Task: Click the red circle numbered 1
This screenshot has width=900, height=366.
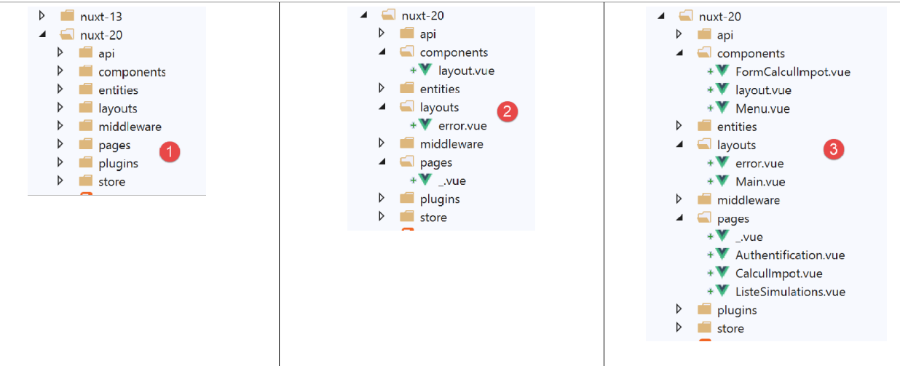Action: click(170, 153)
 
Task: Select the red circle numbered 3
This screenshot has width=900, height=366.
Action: click(834, 150)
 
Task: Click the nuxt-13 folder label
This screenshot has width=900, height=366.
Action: click(100, 16)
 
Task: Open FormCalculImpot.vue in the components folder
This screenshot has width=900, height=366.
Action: click(792, 71)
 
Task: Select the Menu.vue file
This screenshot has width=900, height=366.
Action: click(762, 108)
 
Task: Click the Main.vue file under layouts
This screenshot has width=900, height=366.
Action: click(760, 182)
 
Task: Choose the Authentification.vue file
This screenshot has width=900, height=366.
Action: click(790, 255)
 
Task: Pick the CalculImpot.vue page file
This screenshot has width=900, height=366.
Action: click(778, 274)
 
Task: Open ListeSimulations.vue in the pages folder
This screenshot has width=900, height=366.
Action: click(790, 292)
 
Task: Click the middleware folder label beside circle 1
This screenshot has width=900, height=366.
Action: click(130, 127)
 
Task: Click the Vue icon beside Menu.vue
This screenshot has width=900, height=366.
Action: click(722, 108)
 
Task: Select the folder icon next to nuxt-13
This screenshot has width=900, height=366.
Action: click(68, 16)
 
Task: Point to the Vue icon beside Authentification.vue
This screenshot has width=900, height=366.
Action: click(722, 255)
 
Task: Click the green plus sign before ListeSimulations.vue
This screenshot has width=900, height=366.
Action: click(709, 292)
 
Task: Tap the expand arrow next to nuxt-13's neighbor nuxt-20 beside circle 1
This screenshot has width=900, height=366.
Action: click(42, 34)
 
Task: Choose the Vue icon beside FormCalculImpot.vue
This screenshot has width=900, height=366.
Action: click(722, 71)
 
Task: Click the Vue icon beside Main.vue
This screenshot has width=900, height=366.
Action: click(722, 181)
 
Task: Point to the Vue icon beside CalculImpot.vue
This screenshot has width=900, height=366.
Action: click(722, 273)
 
